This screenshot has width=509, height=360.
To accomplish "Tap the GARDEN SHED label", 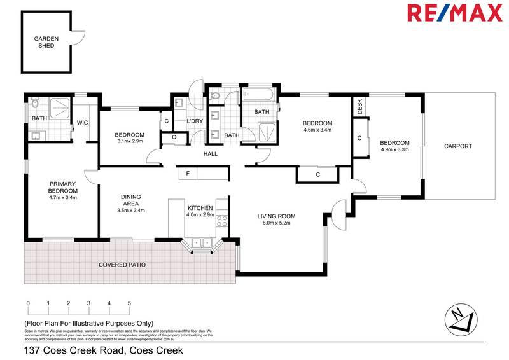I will tap(46, 42).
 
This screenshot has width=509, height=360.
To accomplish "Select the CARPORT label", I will tap(458, 146).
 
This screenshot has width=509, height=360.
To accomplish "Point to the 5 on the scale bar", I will tap(130, 303).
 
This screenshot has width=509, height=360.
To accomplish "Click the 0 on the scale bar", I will tap(28, 303).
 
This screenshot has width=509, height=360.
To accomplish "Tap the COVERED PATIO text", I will tap(122, 264).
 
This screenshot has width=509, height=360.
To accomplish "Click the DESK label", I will tap(359, 106).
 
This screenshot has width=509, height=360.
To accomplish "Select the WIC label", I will tap(82, 123).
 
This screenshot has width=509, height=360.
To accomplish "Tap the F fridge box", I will tap(188, 174).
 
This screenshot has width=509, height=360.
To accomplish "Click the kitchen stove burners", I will tap(223, 222).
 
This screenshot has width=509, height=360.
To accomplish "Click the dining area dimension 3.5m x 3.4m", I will tap(132, 211).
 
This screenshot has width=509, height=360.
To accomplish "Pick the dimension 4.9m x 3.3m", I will tap(394, 151).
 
